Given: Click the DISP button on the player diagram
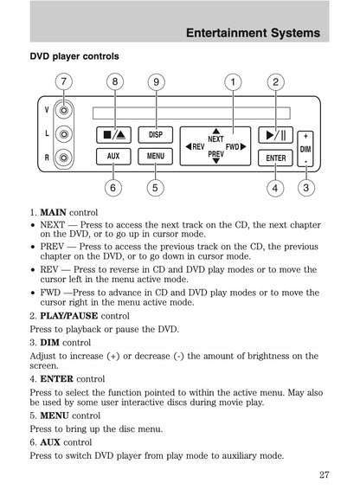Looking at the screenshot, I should (x=156, y=135).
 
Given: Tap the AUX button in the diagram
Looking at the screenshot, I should (x=113, y=157).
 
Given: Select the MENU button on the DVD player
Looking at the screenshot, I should (x=156, y=157).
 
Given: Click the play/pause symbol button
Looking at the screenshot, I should (x=276, y=135).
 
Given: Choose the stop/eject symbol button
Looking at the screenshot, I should (x=113, y=135).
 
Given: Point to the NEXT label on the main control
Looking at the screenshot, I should (x=216, y=138).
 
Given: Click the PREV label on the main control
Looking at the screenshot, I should (x=215, y=155).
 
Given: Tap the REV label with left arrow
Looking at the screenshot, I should (x=195, y=147).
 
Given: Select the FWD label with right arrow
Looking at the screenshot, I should (x=235, y=147).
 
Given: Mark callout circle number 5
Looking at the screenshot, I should (x=154, y=187).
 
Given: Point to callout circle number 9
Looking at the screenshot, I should (x=155, y=82).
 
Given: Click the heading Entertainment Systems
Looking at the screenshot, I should (x=254, y=33).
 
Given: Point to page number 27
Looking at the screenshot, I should (x=323, y=473).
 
